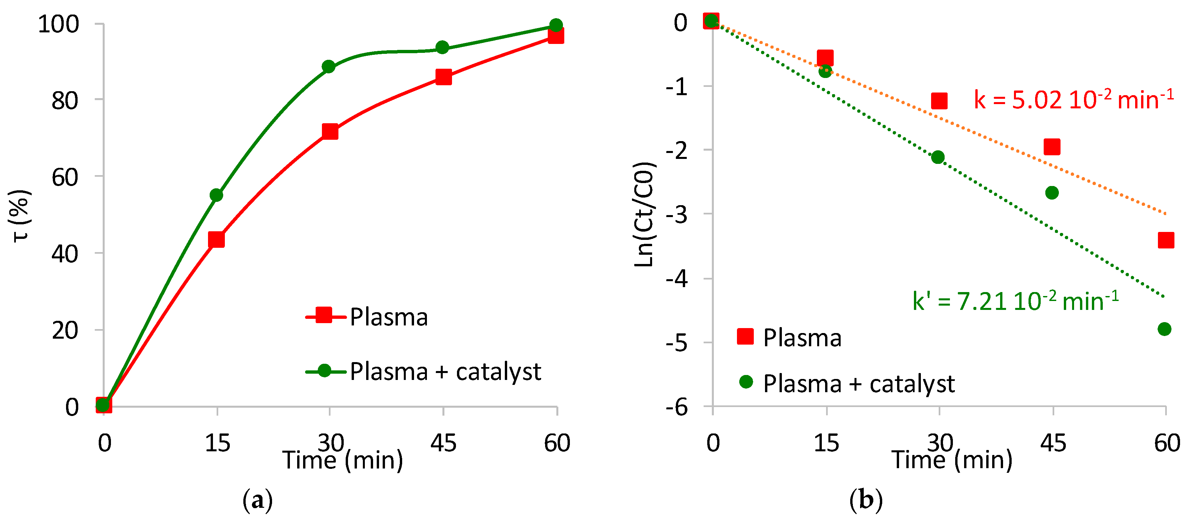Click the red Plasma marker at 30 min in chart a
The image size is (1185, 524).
coord(330,132)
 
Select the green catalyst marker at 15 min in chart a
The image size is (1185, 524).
coord(216,195)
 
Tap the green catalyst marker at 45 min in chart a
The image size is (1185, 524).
coord(442,48)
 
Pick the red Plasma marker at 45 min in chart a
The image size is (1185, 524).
coord(443,77)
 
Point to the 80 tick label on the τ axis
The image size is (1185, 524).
coord(65,100)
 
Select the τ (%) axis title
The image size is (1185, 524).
coord(20,215)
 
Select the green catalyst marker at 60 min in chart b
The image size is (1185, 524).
coord(1164,329)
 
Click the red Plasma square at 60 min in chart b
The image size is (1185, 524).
coord(1166,240)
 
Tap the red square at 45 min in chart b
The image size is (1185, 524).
coord(1052,147)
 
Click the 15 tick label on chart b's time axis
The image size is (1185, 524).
coord(826,443)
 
